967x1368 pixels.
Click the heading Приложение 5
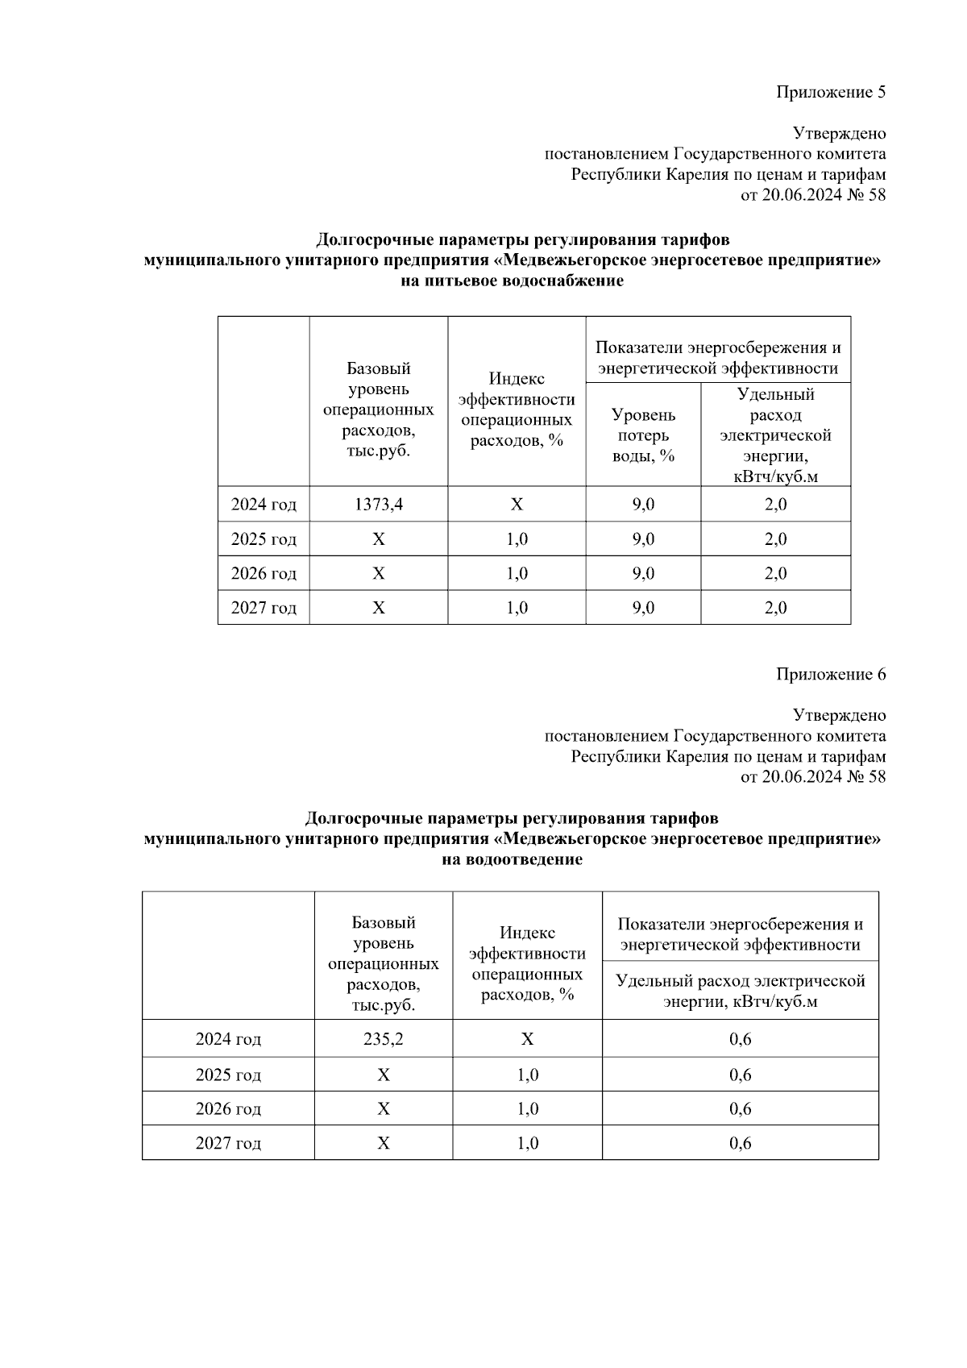point(831,92)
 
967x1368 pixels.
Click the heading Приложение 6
point(831,674)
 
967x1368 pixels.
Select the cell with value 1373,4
point(379,505)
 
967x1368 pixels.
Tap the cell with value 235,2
point(384,1039)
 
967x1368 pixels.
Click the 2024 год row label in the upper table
point(264,505)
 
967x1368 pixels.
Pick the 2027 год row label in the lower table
point(228,1143)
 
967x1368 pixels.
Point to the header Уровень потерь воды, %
point(643,435)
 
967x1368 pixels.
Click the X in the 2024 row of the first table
point(517,505)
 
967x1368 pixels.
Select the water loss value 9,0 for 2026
point(643,573)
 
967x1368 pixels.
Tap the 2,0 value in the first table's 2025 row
point(775,538)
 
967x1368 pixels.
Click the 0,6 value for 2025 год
point(740,1075)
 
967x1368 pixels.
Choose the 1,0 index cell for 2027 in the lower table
point(527,1143)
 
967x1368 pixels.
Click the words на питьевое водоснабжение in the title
point(512,281)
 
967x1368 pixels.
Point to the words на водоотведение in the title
point(512,859)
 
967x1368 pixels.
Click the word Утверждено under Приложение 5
point(839,133)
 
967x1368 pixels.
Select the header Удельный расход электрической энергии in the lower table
point(740,991)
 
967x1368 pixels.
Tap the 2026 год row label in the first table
point(264,573)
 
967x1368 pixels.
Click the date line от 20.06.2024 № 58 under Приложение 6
point(812,777)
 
